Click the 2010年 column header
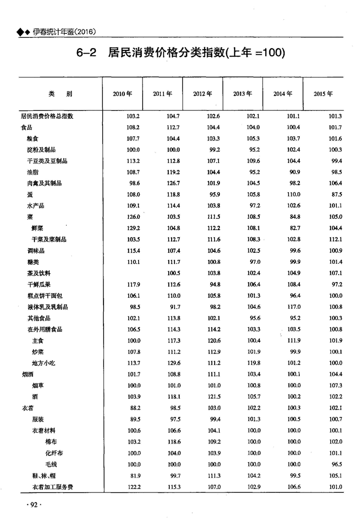click(x=122, y=94)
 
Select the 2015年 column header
click(x=323, y=94)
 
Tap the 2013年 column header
click(x=243, y=94)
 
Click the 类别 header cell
click(x=60, y=94)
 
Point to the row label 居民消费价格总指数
click(x=47, y=116)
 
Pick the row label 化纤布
click(x=54, y=453)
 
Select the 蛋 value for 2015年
click(x=336, y=195)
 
